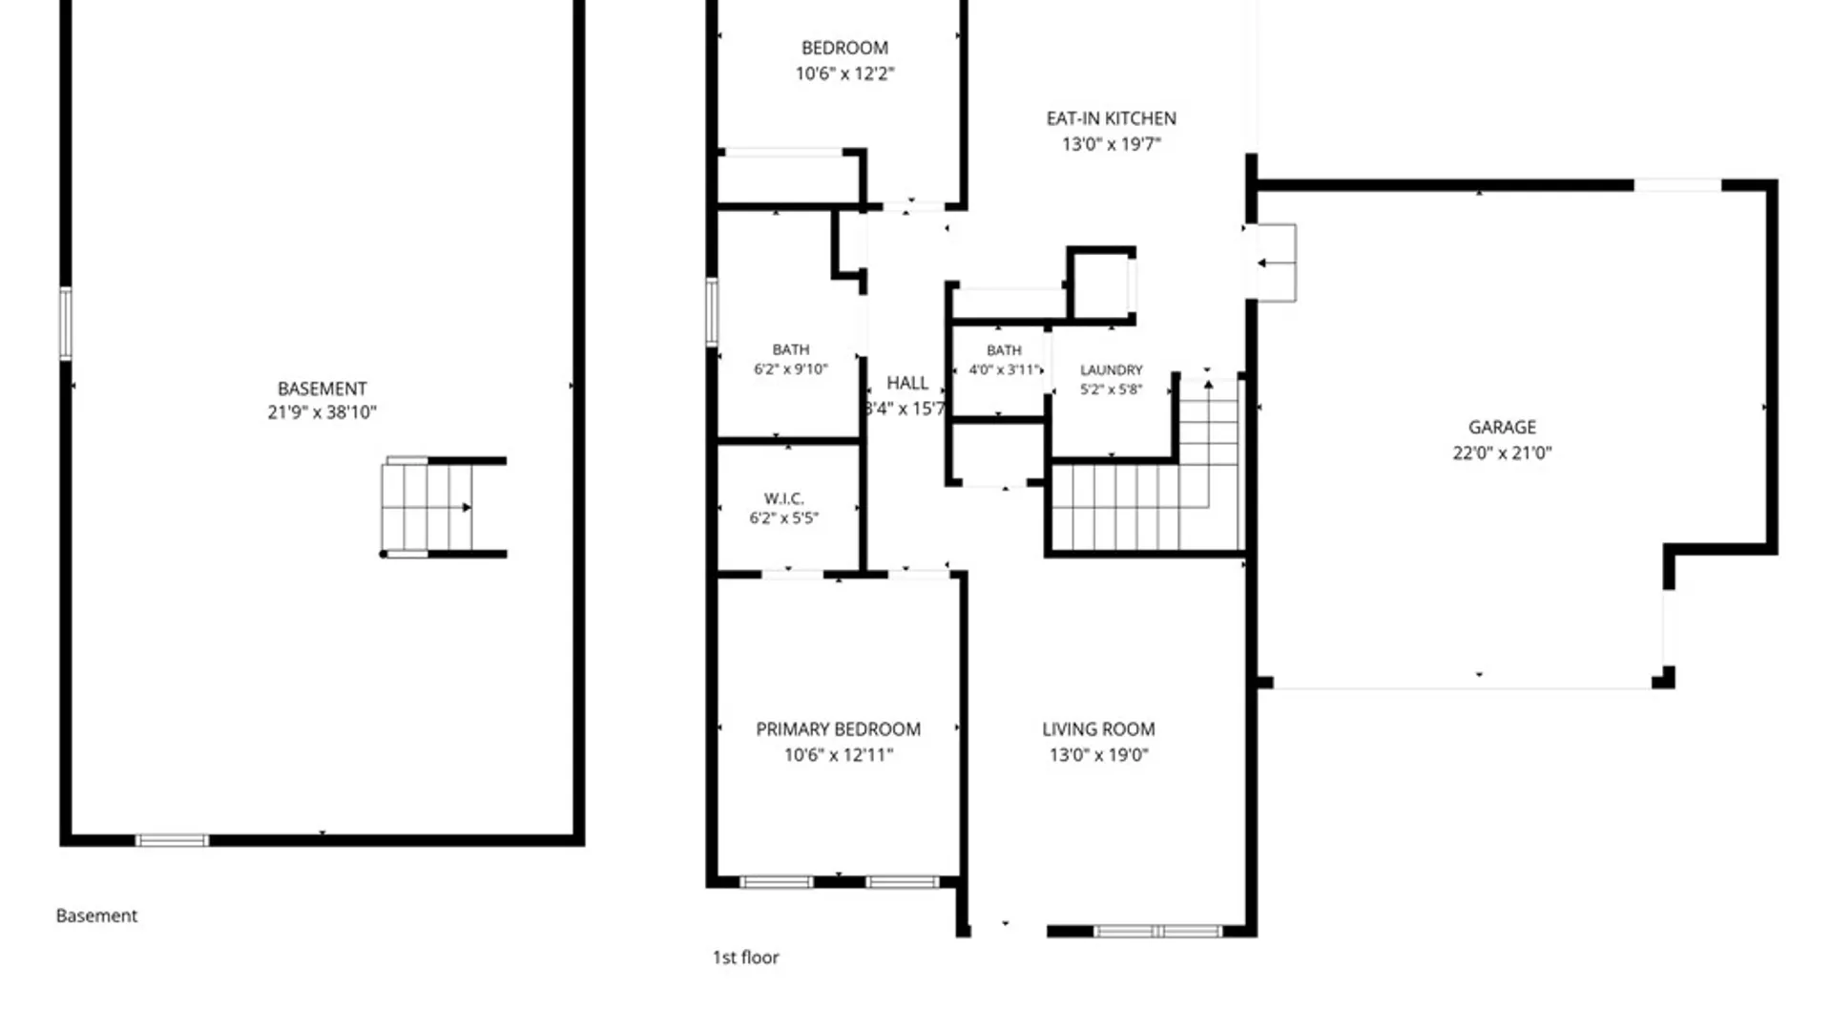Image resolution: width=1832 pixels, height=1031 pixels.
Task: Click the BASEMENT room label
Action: pos(322,389)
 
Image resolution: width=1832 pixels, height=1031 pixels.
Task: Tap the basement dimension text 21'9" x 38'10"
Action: pos(322,412)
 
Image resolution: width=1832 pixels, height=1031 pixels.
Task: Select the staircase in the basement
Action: pos(444,507)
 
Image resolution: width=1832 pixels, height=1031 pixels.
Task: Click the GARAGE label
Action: pos(1502,427)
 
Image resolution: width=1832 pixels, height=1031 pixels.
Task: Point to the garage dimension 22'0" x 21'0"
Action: pos(1502,452)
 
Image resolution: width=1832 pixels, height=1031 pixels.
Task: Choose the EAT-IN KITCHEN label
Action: pos(1112,118)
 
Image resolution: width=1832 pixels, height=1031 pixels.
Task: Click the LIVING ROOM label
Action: pos(1098,729)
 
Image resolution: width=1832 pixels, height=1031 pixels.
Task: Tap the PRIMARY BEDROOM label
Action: pos(839,729)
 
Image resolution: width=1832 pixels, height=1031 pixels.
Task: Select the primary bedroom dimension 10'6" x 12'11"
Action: pos(839,755)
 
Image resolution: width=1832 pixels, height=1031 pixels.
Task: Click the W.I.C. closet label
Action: pos(783,498)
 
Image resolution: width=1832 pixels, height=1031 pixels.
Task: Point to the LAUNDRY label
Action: pos(1111,369)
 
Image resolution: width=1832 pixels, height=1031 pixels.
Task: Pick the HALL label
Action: pos(907,383)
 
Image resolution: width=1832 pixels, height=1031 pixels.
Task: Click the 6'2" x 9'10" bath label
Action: pos(791,369)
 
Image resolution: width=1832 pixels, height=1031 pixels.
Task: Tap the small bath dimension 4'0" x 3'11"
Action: pos(1003,369)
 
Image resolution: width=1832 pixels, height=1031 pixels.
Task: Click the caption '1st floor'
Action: pos(745,957)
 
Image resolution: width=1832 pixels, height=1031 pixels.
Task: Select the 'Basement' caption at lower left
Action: pos(96,915)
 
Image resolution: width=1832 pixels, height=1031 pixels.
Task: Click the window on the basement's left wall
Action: pos(65,324)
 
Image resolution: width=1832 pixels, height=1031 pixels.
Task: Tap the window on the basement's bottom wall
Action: pos(172,840)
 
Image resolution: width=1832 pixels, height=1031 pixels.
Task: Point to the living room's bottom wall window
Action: pos(1157,931)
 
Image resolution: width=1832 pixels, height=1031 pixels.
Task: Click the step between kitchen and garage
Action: pos(1276,263)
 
